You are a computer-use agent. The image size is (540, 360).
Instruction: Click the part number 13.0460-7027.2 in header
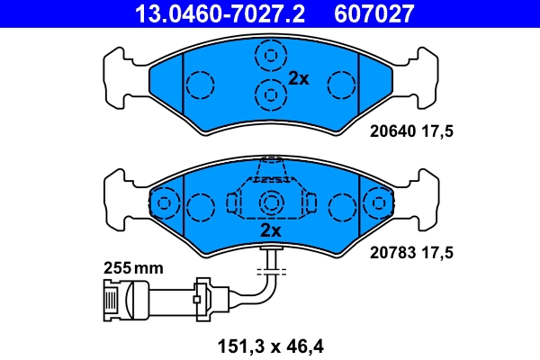click(x=219, y=13)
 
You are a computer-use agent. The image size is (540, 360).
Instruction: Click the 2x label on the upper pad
click(x=299, y=78)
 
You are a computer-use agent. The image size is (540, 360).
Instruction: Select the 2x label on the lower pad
click(x=270, y=230)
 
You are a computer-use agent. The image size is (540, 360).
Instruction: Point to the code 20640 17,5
click(x=411, y=131)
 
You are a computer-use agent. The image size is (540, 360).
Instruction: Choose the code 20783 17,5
click(x=411, y=253)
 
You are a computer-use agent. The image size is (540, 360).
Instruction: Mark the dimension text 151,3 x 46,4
click(x=270, y=344)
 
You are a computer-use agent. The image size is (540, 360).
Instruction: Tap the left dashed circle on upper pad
click(x=200, y=85)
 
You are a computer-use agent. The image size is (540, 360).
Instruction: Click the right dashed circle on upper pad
click(x=342, y=85)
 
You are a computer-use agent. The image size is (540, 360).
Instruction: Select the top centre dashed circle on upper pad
click(x=269, y=57)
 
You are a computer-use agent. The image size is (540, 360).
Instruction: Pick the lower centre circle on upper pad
click(x=269, y=93)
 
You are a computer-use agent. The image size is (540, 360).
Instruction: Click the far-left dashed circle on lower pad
click(x=164, y=203)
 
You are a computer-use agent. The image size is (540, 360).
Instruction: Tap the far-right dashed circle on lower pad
click(x=376, y=203)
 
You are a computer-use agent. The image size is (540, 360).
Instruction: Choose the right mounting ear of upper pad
click(x=422, y=76)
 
